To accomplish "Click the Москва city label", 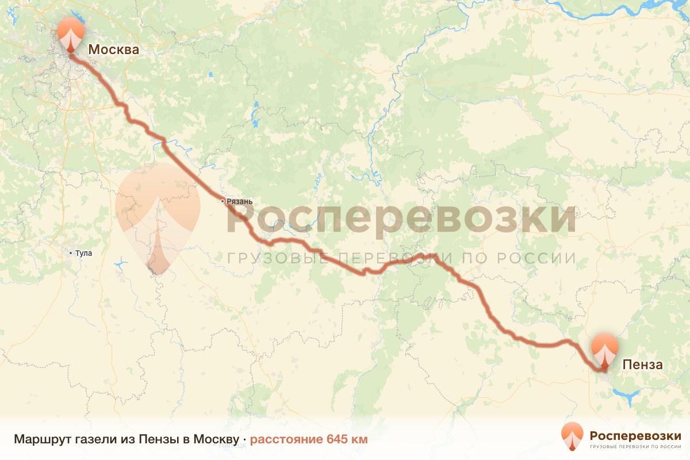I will point(113,49).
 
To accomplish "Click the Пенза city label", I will point(642,365).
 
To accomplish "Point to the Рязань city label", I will point(240,201).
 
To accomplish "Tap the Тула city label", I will point(83,253).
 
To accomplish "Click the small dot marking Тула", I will point(71,253).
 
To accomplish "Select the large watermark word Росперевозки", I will point(401,220).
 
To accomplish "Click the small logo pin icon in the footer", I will point(572,436).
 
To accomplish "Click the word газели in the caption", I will point(94,440).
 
